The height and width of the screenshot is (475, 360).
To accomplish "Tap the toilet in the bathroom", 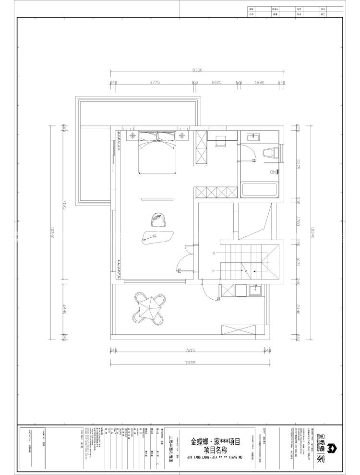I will click(x=269, y=154).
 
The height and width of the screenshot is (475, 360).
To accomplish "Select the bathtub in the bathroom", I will click(x=260, y=189).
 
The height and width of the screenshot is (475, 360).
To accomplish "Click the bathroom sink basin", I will click(x=253, y=137).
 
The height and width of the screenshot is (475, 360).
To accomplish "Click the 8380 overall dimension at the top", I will click(x=197, y=70).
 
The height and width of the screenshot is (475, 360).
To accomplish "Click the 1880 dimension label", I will click(x=259, y=83).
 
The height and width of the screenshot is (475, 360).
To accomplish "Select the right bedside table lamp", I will click(x=182, y=136).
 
